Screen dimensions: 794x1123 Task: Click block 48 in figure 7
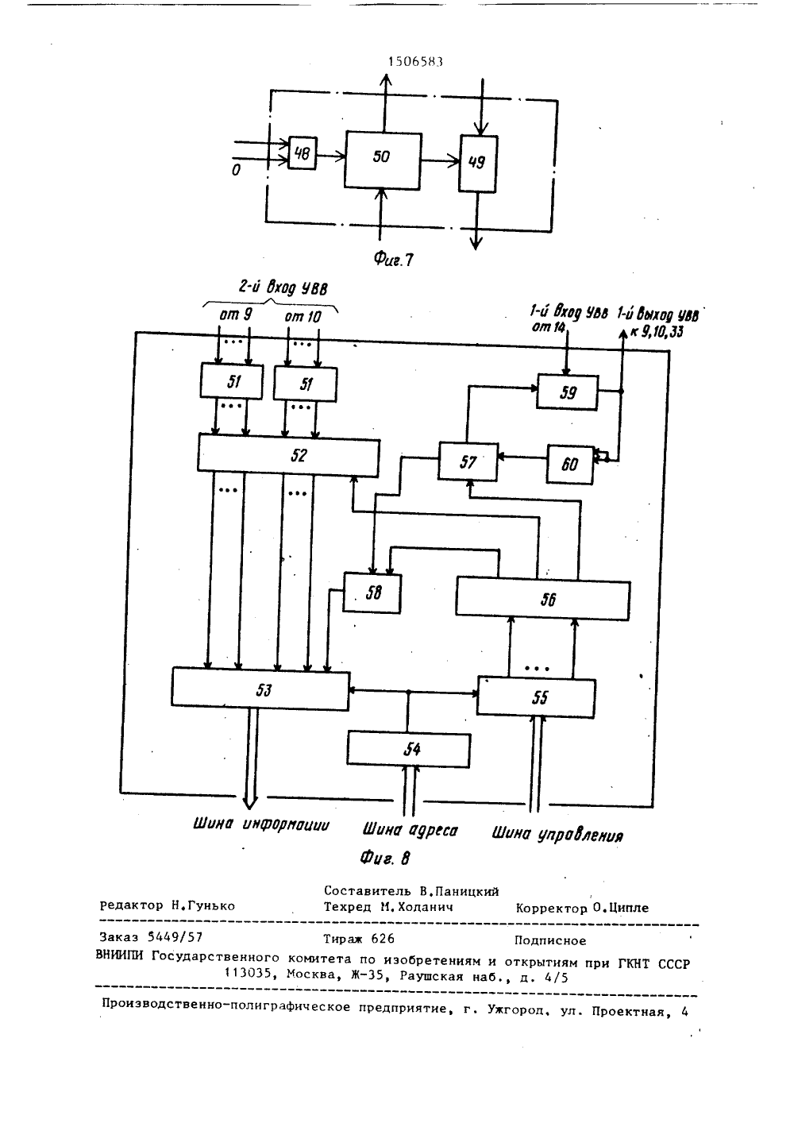[x=303, y=153]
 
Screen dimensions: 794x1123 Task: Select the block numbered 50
[x=383, y=161]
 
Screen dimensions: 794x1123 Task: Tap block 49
[x=478, y=164]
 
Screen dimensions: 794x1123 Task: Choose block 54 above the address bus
[x=409, y=750]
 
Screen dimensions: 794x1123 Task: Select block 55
[x=537, y=697]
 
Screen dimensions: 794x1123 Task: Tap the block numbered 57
[x=468, y=461]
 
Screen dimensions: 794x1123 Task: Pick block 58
[x=372, y=593]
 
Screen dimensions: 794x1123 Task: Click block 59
[x=568, y=392]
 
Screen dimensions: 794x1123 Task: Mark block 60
[x=570, y=465]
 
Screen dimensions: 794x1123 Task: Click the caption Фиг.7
[x=394, y=259]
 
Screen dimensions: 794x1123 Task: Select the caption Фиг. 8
[x=385, y=859]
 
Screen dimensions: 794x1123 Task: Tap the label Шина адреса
[x=410, y=830]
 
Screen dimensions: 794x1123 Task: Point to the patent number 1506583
[x=415, y=62]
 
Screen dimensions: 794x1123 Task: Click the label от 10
[x=303, y=316]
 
